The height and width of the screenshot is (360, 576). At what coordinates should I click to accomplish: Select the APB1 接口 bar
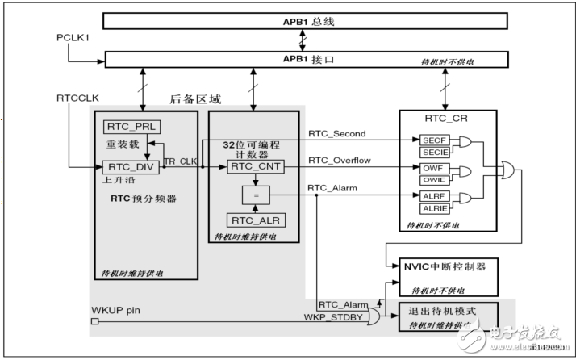point(303,58)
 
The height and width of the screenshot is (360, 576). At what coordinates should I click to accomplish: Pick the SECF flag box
point(432,139)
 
